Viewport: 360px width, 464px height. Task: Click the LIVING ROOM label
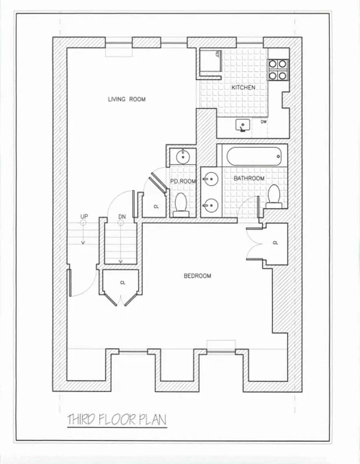126,99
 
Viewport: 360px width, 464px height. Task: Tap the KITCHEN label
243,88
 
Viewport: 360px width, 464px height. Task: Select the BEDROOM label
197,276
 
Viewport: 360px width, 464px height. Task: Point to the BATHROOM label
249,178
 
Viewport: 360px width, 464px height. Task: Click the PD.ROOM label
183,182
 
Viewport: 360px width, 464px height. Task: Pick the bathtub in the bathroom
254,157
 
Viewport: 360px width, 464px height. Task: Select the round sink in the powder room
183,157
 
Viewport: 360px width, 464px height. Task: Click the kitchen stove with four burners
278,69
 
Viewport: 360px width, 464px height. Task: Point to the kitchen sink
242,124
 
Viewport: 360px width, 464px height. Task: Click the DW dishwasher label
264,122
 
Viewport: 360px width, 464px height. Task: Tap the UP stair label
84,217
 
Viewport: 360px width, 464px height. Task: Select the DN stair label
122,217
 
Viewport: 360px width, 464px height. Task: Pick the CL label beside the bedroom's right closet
275,243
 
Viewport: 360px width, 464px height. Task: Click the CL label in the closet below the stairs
122,282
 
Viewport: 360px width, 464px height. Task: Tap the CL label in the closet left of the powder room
156,206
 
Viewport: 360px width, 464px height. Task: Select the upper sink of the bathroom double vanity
210,178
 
